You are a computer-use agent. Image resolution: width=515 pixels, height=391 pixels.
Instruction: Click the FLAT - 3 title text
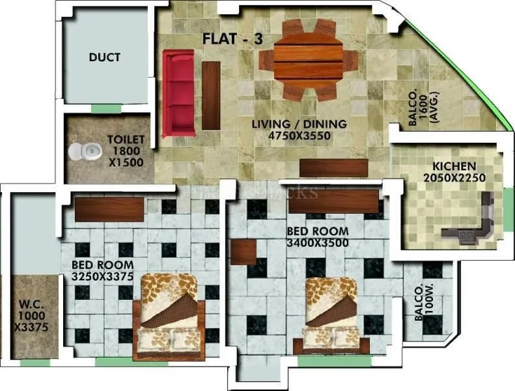(232, 39)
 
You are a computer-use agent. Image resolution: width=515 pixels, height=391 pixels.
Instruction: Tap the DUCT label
(104, 57)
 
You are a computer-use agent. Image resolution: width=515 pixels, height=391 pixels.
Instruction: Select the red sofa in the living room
(178, 93)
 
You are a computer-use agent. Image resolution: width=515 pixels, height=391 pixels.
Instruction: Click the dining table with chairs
(308, 60)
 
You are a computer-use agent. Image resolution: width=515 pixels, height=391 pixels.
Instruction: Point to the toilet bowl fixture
(85, 152)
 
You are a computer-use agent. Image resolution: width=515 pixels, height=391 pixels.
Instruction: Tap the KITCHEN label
(449, 166)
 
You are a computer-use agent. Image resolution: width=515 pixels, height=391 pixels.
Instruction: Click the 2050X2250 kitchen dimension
(449, 178)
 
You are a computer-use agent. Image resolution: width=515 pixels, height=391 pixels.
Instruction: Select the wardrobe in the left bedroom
(109, 209)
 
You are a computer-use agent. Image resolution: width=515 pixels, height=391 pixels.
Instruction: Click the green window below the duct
(105, 108)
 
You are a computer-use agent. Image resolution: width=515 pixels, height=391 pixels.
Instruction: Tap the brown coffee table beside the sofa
(211, 95)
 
